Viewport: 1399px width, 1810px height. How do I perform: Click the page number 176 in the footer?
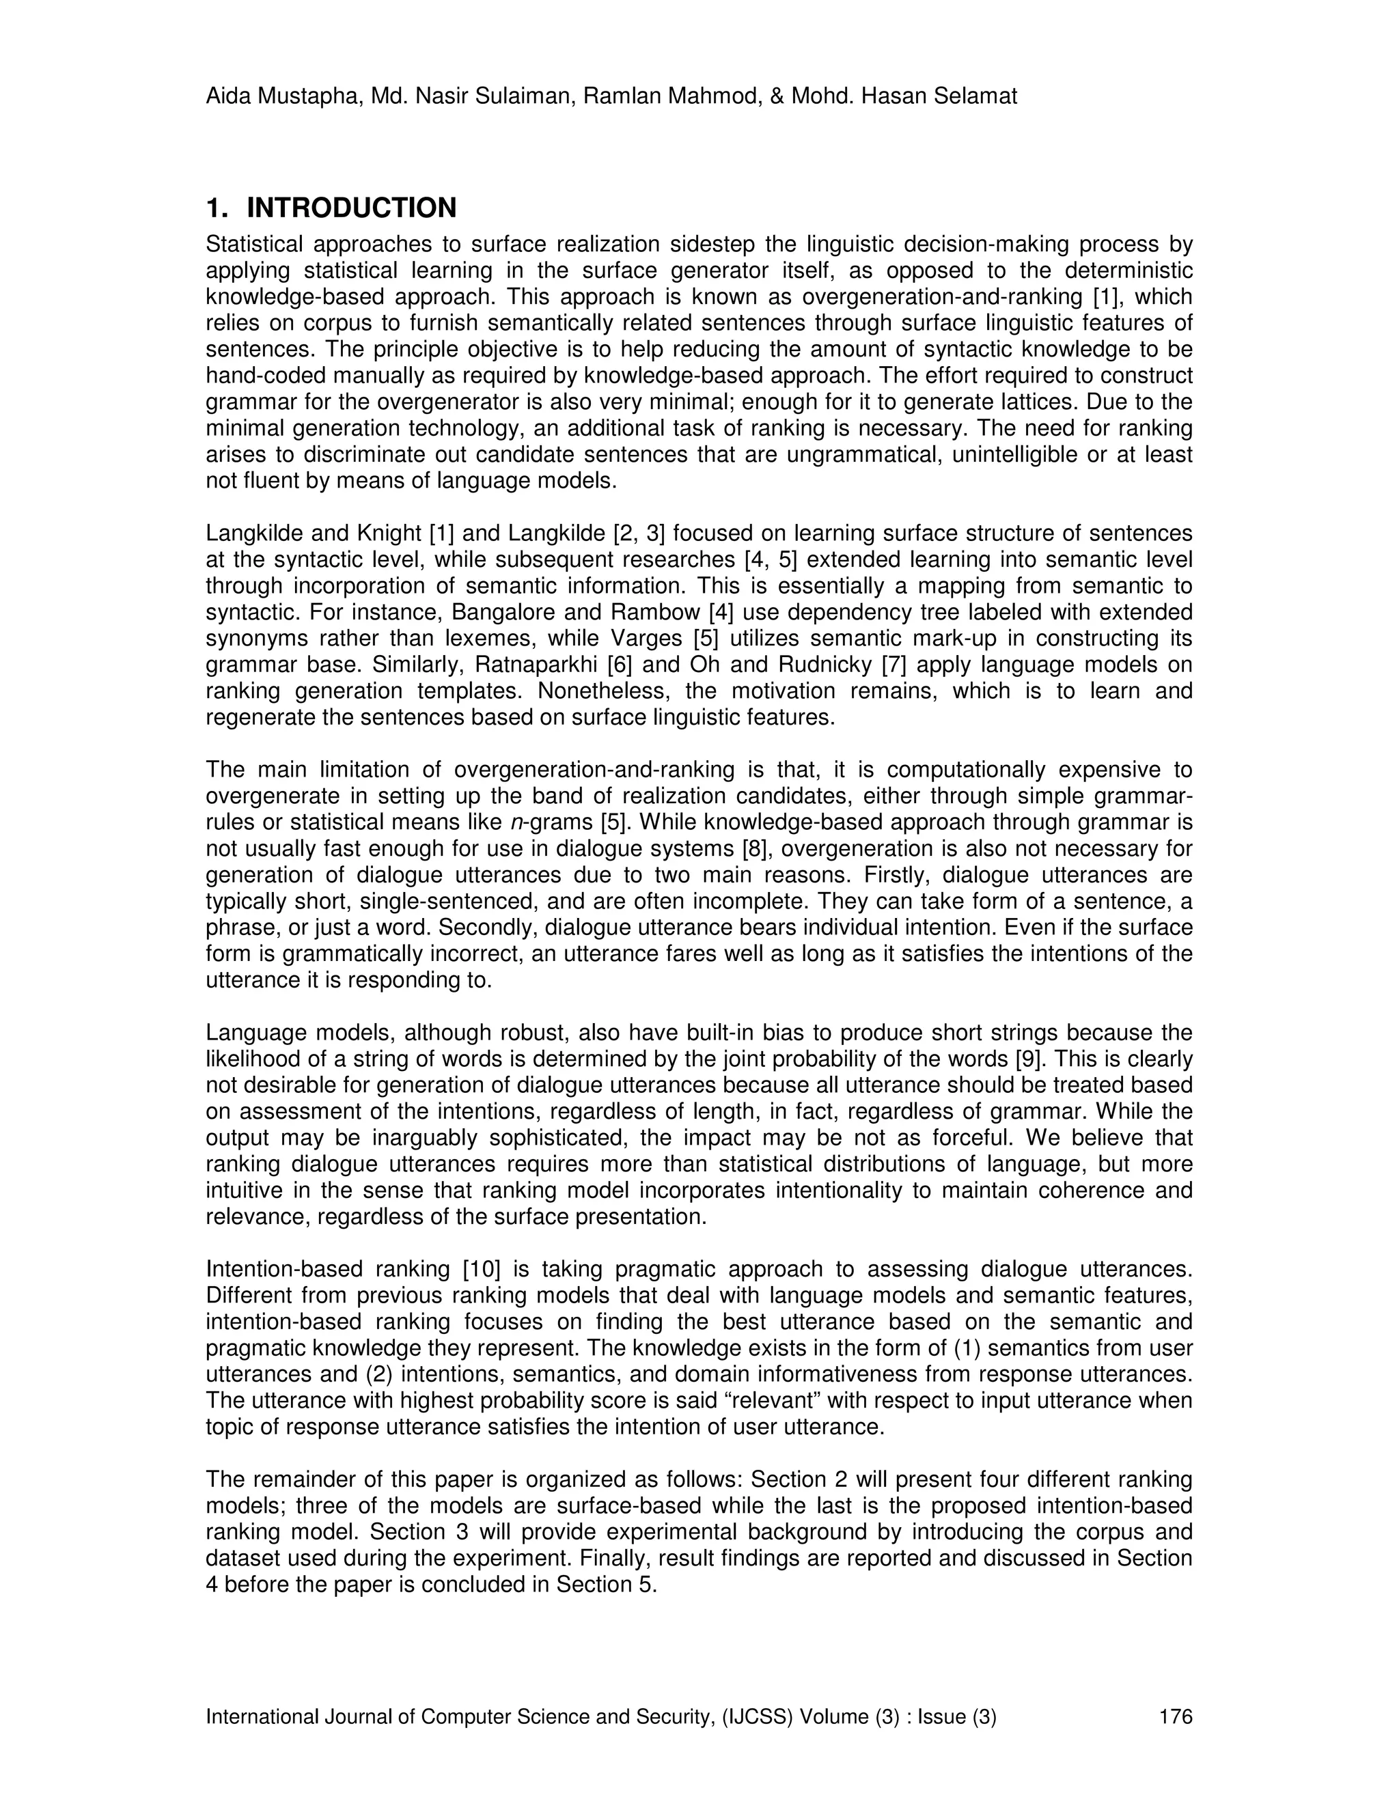(1175, 1716)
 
